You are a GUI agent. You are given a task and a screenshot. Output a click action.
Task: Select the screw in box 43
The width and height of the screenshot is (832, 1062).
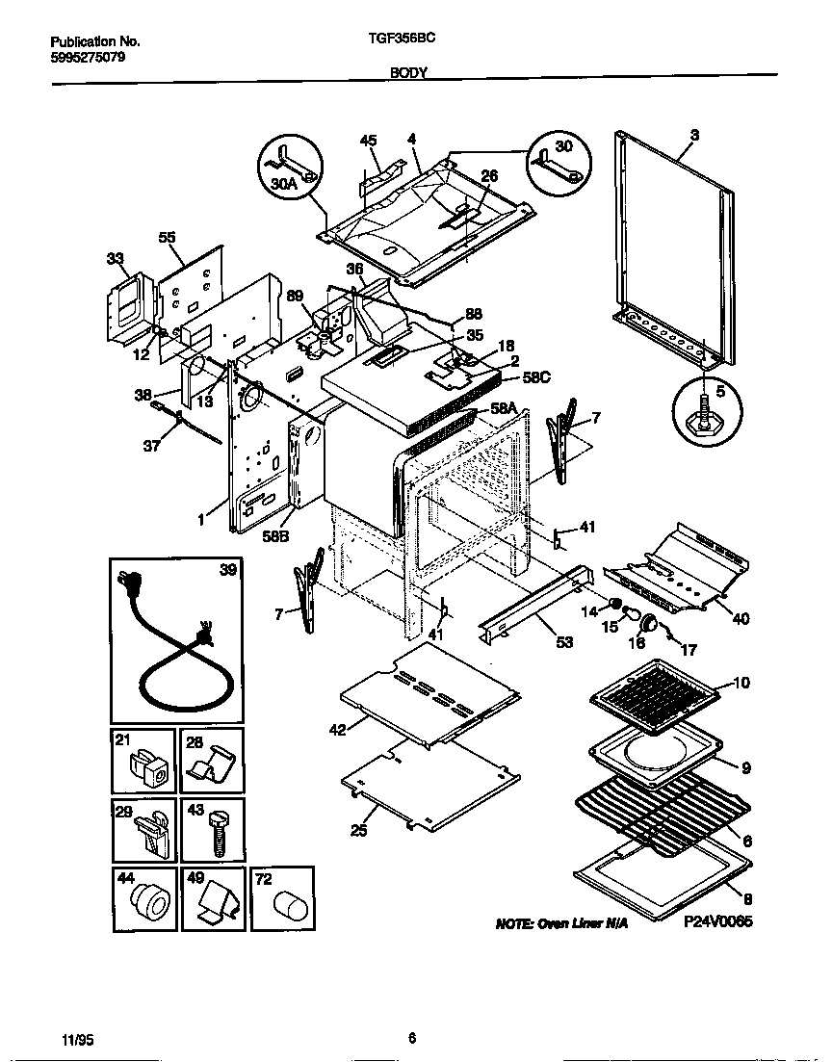coord(217,832)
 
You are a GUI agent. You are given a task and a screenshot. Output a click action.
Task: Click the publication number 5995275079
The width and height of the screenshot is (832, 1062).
coord(86,57)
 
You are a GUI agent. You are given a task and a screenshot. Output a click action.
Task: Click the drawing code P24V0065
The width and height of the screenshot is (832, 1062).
coord(717,921)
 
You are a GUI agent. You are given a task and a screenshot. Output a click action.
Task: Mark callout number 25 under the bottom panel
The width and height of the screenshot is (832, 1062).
coord(358,830)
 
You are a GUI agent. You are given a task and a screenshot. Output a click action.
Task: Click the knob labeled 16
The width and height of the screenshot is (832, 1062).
coord(650,623)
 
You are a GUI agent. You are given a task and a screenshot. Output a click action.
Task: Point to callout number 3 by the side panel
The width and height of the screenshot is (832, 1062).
coord(694,136)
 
